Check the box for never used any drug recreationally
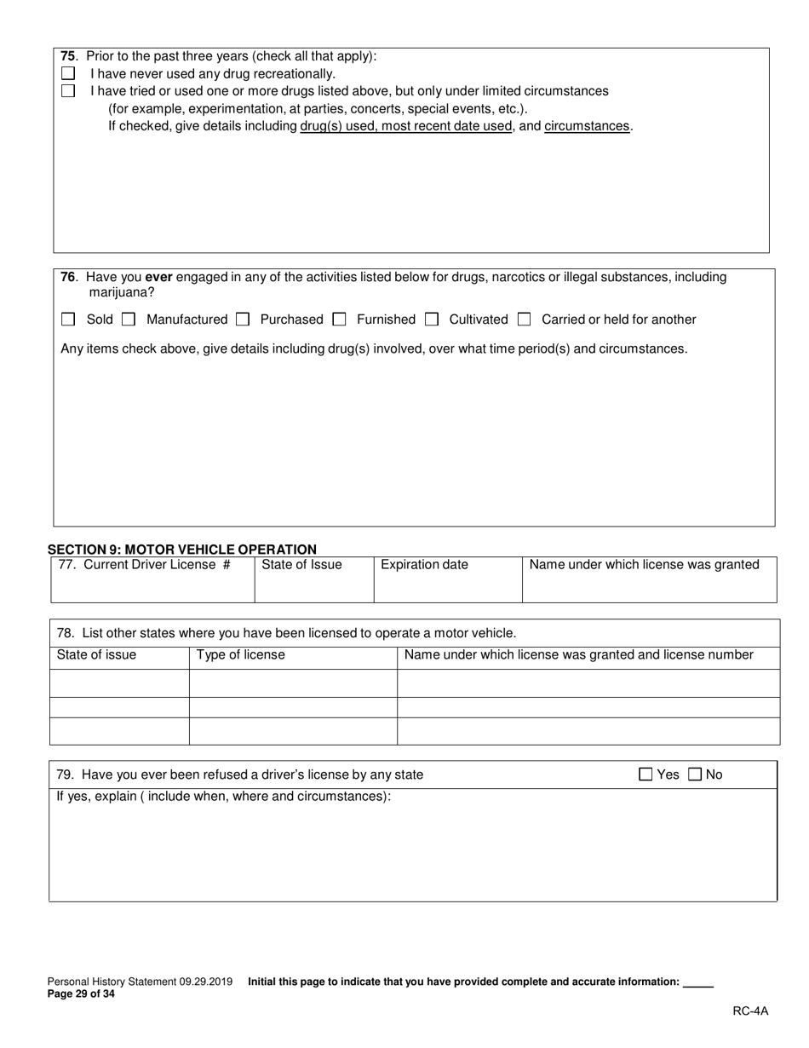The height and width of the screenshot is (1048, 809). tap(68, 74)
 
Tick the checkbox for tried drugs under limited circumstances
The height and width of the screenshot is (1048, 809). tap(68, 91)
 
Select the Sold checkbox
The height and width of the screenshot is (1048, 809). tap(68, 320)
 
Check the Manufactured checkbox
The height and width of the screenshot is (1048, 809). tap(129, 320)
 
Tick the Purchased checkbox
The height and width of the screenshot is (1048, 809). tap(243, 320)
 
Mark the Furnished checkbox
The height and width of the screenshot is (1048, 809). tap(339, 320)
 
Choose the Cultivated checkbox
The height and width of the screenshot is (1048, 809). tap(432, 320)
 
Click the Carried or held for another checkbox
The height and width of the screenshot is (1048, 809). tap(525, 320)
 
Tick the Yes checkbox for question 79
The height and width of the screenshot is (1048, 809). tap(645, 774)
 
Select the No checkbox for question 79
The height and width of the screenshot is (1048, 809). tap(695, 774)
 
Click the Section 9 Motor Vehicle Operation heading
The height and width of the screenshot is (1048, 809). tap(181, 550)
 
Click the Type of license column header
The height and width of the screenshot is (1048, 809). tap(241, 655)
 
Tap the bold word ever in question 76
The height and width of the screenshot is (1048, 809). tap(159, 277)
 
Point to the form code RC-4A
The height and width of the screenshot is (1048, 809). tap(750, 1011)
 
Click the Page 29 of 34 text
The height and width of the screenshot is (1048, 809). tap(81, 993)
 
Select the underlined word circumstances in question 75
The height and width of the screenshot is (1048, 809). tap(587, 126)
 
